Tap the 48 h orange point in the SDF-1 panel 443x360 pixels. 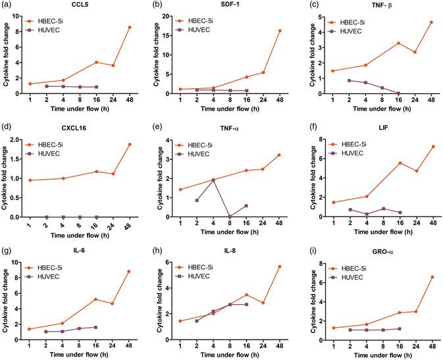279,31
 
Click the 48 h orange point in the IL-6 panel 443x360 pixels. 129,272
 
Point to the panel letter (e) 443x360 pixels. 155,130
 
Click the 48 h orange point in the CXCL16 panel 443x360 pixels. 129,144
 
